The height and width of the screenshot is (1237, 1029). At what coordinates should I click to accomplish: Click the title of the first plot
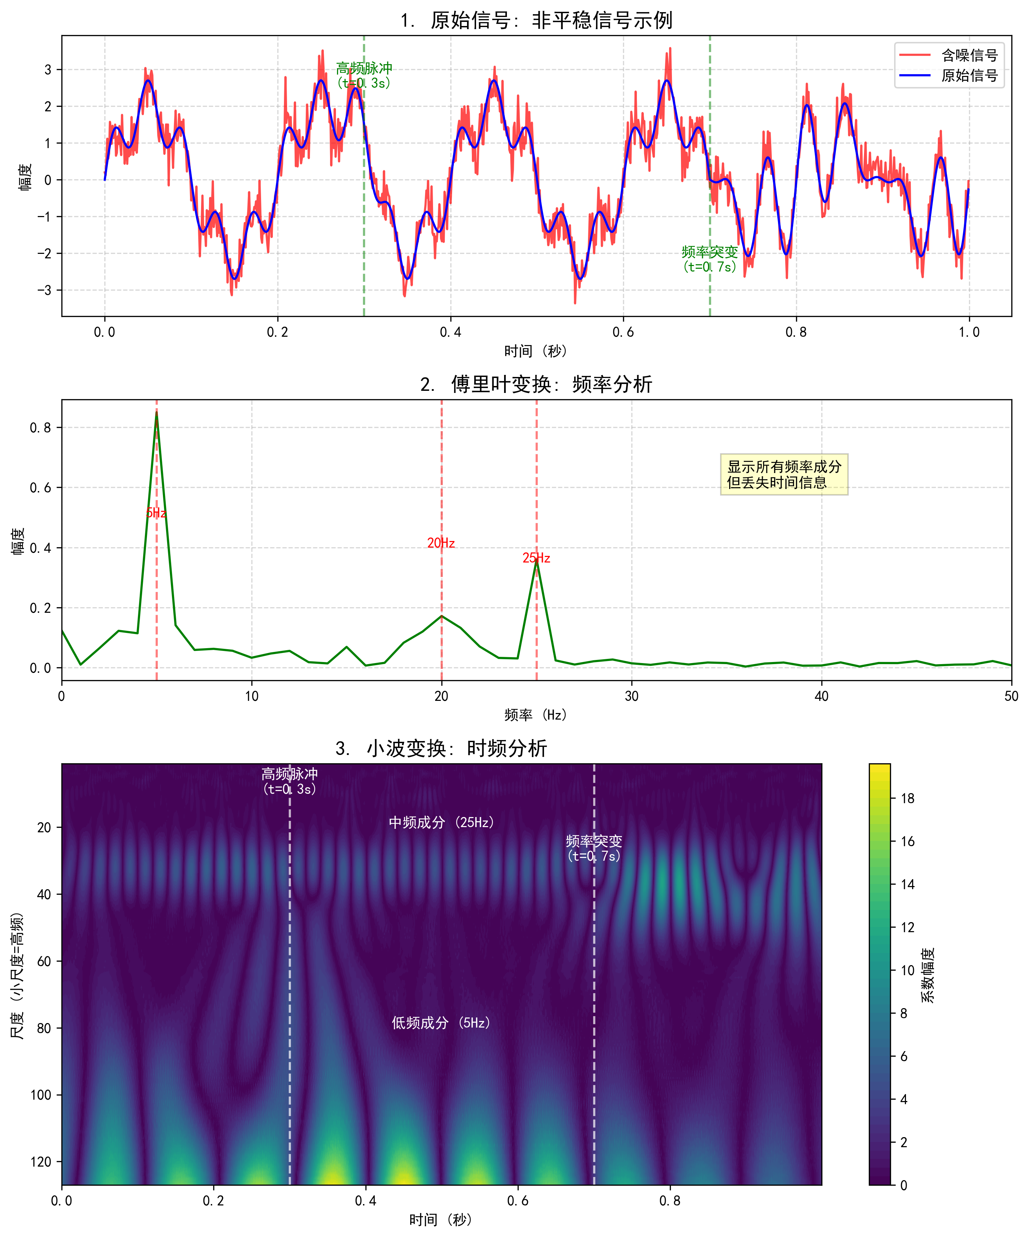coord(536,20)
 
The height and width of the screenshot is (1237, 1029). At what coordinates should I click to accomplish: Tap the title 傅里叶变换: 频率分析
coord(536,384)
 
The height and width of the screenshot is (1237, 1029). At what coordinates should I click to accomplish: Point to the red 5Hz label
coord(156,513)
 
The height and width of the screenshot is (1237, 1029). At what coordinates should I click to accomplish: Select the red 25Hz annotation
coord(536,558)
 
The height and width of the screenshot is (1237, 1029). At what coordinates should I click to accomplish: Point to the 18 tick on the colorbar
coord(907,798)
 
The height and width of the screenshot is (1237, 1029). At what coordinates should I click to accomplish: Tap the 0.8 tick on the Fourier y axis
coord(40,428)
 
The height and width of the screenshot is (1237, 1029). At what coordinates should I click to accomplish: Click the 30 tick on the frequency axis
coord(631,696)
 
